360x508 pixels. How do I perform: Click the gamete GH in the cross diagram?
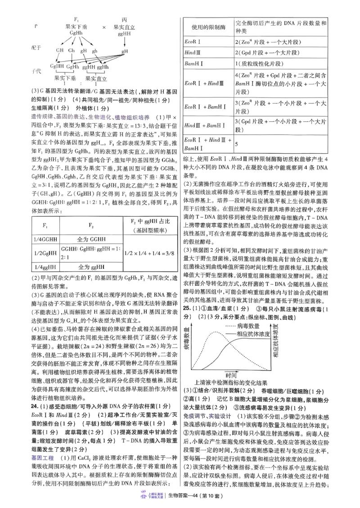click(59, 51)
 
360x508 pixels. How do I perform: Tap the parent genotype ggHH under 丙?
click(124, 33)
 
